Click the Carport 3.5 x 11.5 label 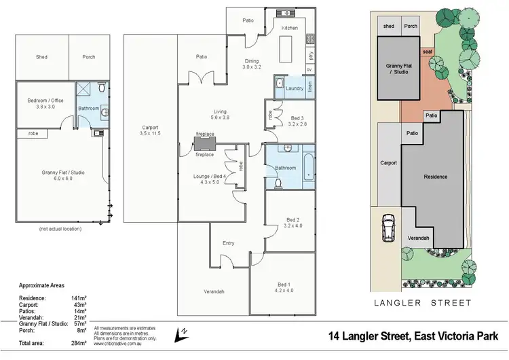click(x=149, y=130)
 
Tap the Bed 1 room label click(x=283, y=287)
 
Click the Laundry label click(x=295, y=88)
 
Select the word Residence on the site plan click(x=436, y=177)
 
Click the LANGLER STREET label click(x=434, y=304)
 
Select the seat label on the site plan click(x=428, y=52)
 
